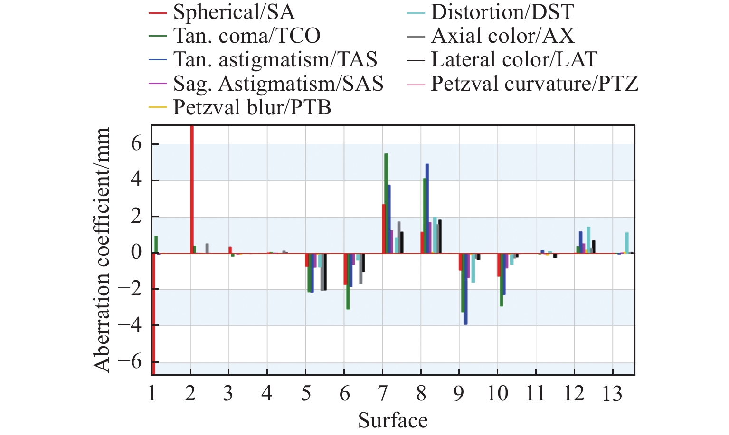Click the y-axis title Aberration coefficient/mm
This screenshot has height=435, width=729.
tap(102, 250)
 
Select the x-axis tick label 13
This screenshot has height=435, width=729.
tap(612, 394)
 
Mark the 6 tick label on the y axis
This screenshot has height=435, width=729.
tap(137, 143)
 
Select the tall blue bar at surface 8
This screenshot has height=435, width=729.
tap(427, 208)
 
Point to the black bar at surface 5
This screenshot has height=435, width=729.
tap(325, 272)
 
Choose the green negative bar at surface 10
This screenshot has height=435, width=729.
tap(501, 280)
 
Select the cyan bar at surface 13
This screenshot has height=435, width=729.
tap(627, 243)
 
